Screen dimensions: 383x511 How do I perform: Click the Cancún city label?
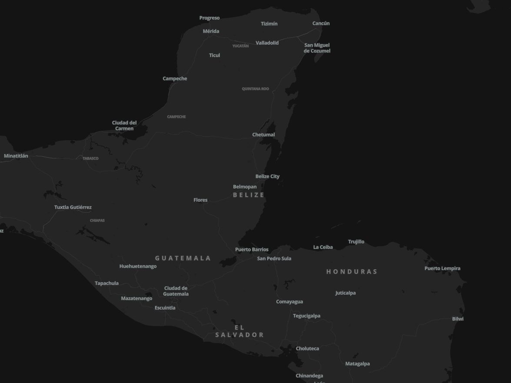click(321, 23)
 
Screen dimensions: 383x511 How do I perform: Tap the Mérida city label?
click(211, 31)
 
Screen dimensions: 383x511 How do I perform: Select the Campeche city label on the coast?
click(175, 79)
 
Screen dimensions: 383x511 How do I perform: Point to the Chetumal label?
click(264, 135)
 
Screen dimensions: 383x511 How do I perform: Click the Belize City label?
click(268, 176)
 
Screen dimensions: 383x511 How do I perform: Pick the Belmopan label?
click(245, 187)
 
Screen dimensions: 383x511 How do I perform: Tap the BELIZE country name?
click(249, 195)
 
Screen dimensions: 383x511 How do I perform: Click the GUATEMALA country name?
click(183, 258)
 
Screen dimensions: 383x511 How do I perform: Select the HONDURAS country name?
click(352, 271)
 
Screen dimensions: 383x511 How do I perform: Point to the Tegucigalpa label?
click(307, 316)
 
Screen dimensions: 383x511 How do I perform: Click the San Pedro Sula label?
click(274, 258)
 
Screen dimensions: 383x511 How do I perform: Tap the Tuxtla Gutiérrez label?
click(73, 207)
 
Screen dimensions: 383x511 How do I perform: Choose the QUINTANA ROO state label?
click(255, 89)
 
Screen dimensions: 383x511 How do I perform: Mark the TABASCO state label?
click(91, 158)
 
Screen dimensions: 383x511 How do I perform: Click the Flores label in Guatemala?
click(201, 200)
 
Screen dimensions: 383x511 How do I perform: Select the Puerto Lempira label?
click(442, 268)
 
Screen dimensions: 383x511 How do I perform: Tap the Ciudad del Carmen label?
click(124, 125)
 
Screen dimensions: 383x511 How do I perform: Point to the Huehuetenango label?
click(138, 266)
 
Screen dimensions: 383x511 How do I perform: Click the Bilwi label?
click(458, 319)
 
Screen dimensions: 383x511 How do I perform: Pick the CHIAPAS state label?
click(97, 221)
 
